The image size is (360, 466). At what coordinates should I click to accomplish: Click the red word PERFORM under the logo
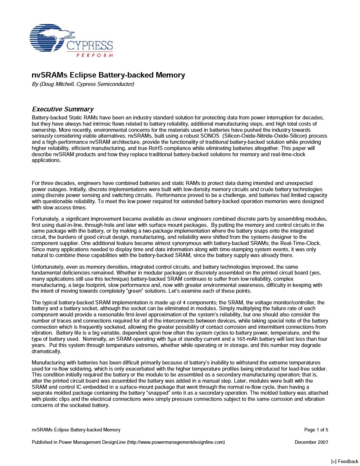[x=95, y=55]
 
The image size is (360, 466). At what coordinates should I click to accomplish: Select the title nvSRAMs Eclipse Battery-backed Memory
[x=108, y=75]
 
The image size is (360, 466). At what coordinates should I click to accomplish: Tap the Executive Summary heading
[x=63, y=109]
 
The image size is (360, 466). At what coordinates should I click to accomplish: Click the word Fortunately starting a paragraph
[x=46, y=219]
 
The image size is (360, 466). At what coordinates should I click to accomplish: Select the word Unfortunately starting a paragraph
[x=49, y=267]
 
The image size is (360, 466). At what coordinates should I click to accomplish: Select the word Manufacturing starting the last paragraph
[x=48, y=363]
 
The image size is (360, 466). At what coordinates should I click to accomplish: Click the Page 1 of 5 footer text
[x=316, y=430]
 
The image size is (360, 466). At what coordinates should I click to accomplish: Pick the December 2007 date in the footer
[x=311, y=442]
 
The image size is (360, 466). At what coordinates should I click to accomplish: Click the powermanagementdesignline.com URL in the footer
[x=176, y=442]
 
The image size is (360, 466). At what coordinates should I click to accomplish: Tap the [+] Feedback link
[x=345, y=462]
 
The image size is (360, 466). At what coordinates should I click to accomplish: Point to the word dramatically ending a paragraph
[x=46, y=351]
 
